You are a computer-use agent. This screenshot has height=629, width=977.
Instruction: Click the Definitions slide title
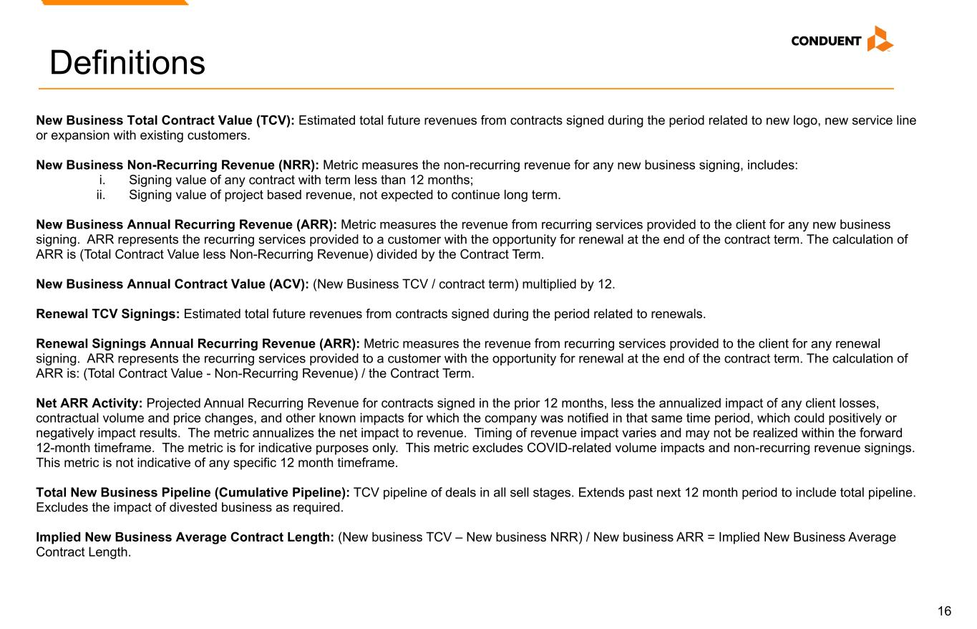(x=127, y=62)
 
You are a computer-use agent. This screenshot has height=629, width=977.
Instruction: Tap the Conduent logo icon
(x=880, y=39)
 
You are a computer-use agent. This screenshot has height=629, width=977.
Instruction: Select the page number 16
(x=944, y=611)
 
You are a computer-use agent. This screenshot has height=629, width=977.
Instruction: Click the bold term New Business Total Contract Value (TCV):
(x=165, y=120)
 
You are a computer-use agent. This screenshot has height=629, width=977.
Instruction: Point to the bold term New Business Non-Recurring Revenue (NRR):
(x=178, y=165)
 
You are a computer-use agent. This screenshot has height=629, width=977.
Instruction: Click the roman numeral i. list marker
(x=102, y=180)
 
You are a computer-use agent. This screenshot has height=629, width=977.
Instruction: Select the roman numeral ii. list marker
(x=101, y=195)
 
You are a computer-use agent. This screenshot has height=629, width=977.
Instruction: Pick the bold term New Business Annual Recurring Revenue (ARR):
(x=186, y=225)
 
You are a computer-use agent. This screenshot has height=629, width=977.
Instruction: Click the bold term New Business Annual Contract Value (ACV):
(x=172, y=284)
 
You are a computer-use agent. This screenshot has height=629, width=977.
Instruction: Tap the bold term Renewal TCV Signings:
(x=108, y=314)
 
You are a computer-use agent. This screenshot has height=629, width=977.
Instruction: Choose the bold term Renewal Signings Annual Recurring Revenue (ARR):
(x=198, y=344)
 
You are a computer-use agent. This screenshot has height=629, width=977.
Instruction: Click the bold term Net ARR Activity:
(x=89, y=403)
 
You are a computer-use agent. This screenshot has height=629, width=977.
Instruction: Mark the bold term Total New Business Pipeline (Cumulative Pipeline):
(x=193, y=493)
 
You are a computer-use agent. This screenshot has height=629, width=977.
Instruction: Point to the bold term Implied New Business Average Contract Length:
(x=185, y=537)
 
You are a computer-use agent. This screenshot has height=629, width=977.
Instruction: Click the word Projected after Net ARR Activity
(x=173, y=403)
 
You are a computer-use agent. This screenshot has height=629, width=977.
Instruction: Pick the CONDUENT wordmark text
(x=826, y=41)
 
